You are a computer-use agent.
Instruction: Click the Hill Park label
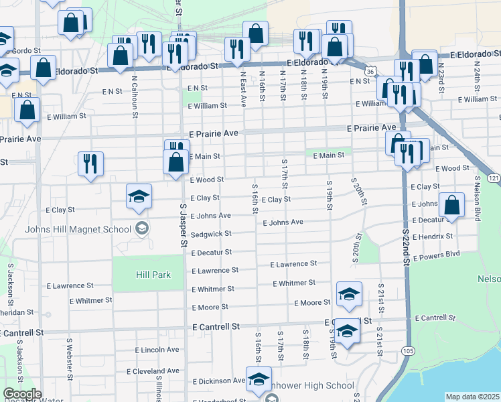(x=153, y=275)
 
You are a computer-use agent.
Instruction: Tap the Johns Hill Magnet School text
(x=78, y=229)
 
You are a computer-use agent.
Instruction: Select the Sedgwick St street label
(x=211, y=234)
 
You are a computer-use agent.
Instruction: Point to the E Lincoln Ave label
(x=157, y=350)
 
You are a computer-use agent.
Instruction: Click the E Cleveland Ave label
(x=157, y=371)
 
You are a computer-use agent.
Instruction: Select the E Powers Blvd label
(x=437, y=255)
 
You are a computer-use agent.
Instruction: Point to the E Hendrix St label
(x=433, y=237)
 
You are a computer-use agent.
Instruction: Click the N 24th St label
(x=478, y=75)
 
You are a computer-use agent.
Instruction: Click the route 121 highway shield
(x=493, y=178)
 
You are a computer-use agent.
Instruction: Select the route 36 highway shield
(x=369, y=69)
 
